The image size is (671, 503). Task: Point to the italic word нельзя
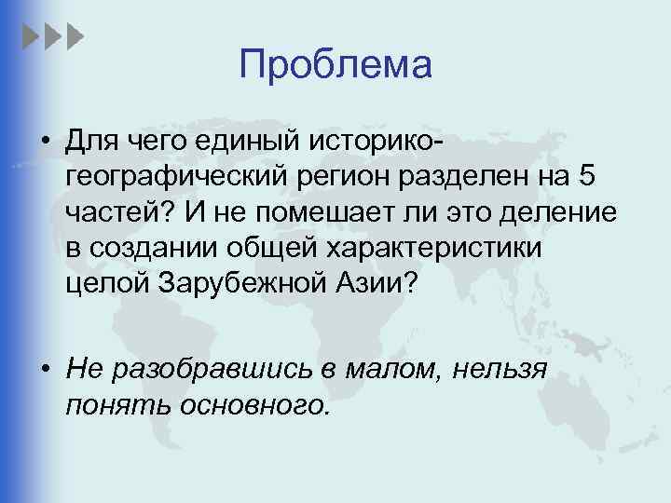pyautogui.click(x=499, y=369)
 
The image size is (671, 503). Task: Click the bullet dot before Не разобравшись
pyautogui.click(x=46, y=369)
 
